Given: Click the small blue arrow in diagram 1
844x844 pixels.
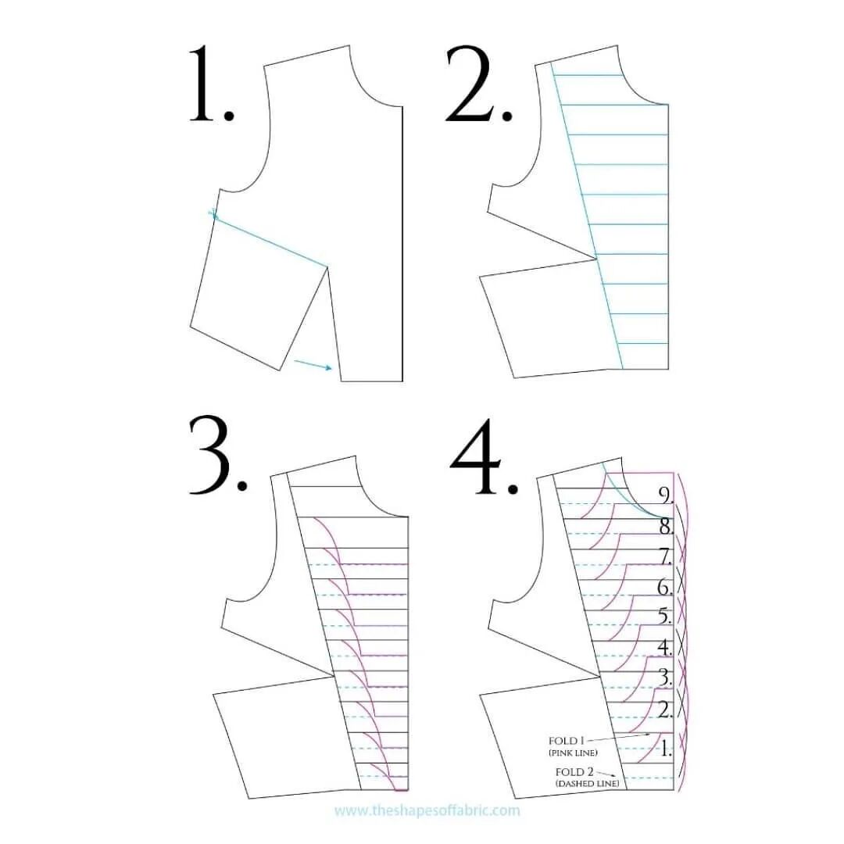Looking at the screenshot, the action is [x=313, y=365].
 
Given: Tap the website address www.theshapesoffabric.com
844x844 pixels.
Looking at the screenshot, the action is [x=427, y=810].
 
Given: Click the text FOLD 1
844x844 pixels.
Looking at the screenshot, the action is [x=567, y=741].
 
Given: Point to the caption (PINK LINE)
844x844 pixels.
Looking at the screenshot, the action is [x=573, y=753].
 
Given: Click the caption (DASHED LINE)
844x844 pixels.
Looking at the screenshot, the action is [x=587, y=783].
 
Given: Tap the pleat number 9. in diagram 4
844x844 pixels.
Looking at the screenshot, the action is [x=666, y=495].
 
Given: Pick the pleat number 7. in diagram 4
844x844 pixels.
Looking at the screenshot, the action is [x=666, y=556].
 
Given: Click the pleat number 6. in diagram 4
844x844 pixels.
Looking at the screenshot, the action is [x=666, y=587].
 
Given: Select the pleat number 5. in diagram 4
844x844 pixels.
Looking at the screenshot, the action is [x=665, y=617].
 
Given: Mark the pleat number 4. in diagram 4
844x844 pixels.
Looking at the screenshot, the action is [x=665, y=647].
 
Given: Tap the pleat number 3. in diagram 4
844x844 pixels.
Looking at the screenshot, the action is [x=665, y=678].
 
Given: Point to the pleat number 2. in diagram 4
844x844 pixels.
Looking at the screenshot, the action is [x=665, y=710].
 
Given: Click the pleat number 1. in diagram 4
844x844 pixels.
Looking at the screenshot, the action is [x=665, y=749].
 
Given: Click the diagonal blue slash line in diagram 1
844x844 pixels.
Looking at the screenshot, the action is [x=270, y=239].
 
